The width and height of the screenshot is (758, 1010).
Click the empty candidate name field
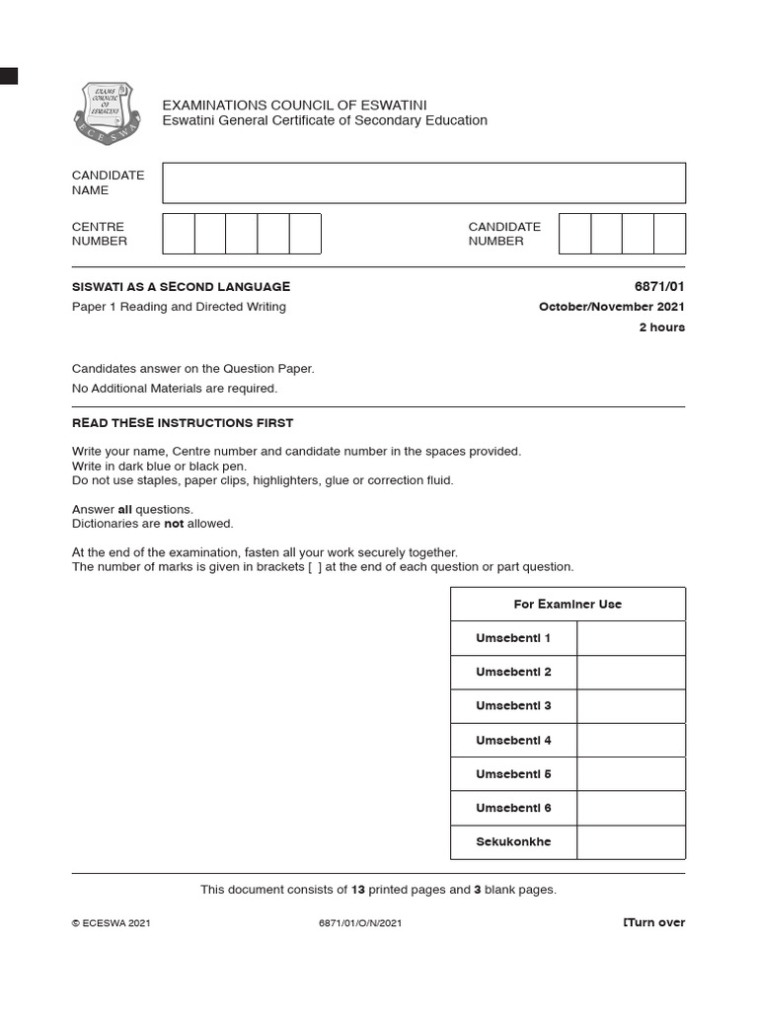(x=423, y=183)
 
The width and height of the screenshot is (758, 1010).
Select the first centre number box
(x=179, y=234)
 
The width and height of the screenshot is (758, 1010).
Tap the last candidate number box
(x=669, y=234)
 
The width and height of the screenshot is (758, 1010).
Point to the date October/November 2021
(x=611, y=307)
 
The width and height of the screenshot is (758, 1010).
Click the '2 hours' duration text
(x=661, y=327)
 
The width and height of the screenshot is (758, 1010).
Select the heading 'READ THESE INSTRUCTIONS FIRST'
(x=183, y=423)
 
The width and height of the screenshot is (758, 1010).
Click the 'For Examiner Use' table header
(x=568, y=605)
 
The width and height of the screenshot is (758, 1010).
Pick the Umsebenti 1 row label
(x=513, y=638)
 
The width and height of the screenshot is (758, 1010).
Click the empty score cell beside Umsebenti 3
(x=631, y=706)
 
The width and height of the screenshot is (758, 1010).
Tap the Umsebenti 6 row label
(x=513, y=808)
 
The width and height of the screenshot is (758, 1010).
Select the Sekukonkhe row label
(x=513, y=842)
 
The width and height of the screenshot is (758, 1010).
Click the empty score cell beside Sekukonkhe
(x=631, y=842)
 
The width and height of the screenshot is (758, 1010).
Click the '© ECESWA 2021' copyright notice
(x=112, y=924)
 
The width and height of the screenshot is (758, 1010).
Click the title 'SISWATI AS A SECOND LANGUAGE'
(x=182, y=287)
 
